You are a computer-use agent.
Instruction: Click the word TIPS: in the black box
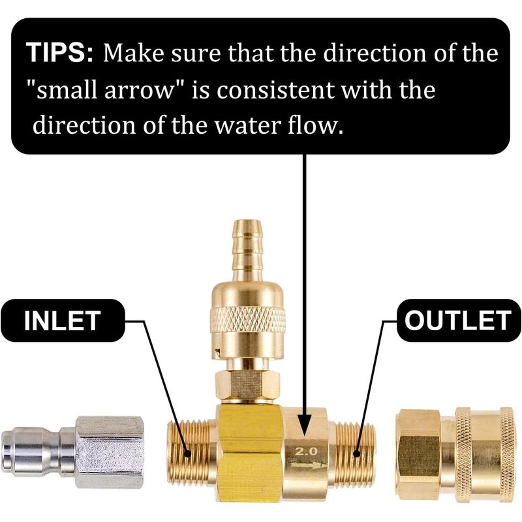point(60,52)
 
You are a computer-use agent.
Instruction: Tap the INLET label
point(63,320)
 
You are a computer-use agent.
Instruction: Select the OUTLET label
point(459,320)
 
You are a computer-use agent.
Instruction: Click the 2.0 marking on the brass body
point(306,451)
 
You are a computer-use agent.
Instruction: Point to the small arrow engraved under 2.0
point(307,464)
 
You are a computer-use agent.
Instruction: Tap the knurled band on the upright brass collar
point(247,320)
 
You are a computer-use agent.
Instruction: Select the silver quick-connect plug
point(72,452)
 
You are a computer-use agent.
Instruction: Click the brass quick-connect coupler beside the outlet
point(458,454)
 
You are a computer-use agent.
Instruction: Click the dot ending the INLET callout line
point(188,453)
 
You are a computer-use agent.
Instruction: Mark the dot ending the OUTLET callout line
point(356,453)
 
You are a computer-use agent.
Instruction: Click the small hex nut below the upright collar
point(247,385)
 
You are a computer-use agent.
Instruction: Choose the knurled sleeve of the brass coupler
point(484,454)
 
